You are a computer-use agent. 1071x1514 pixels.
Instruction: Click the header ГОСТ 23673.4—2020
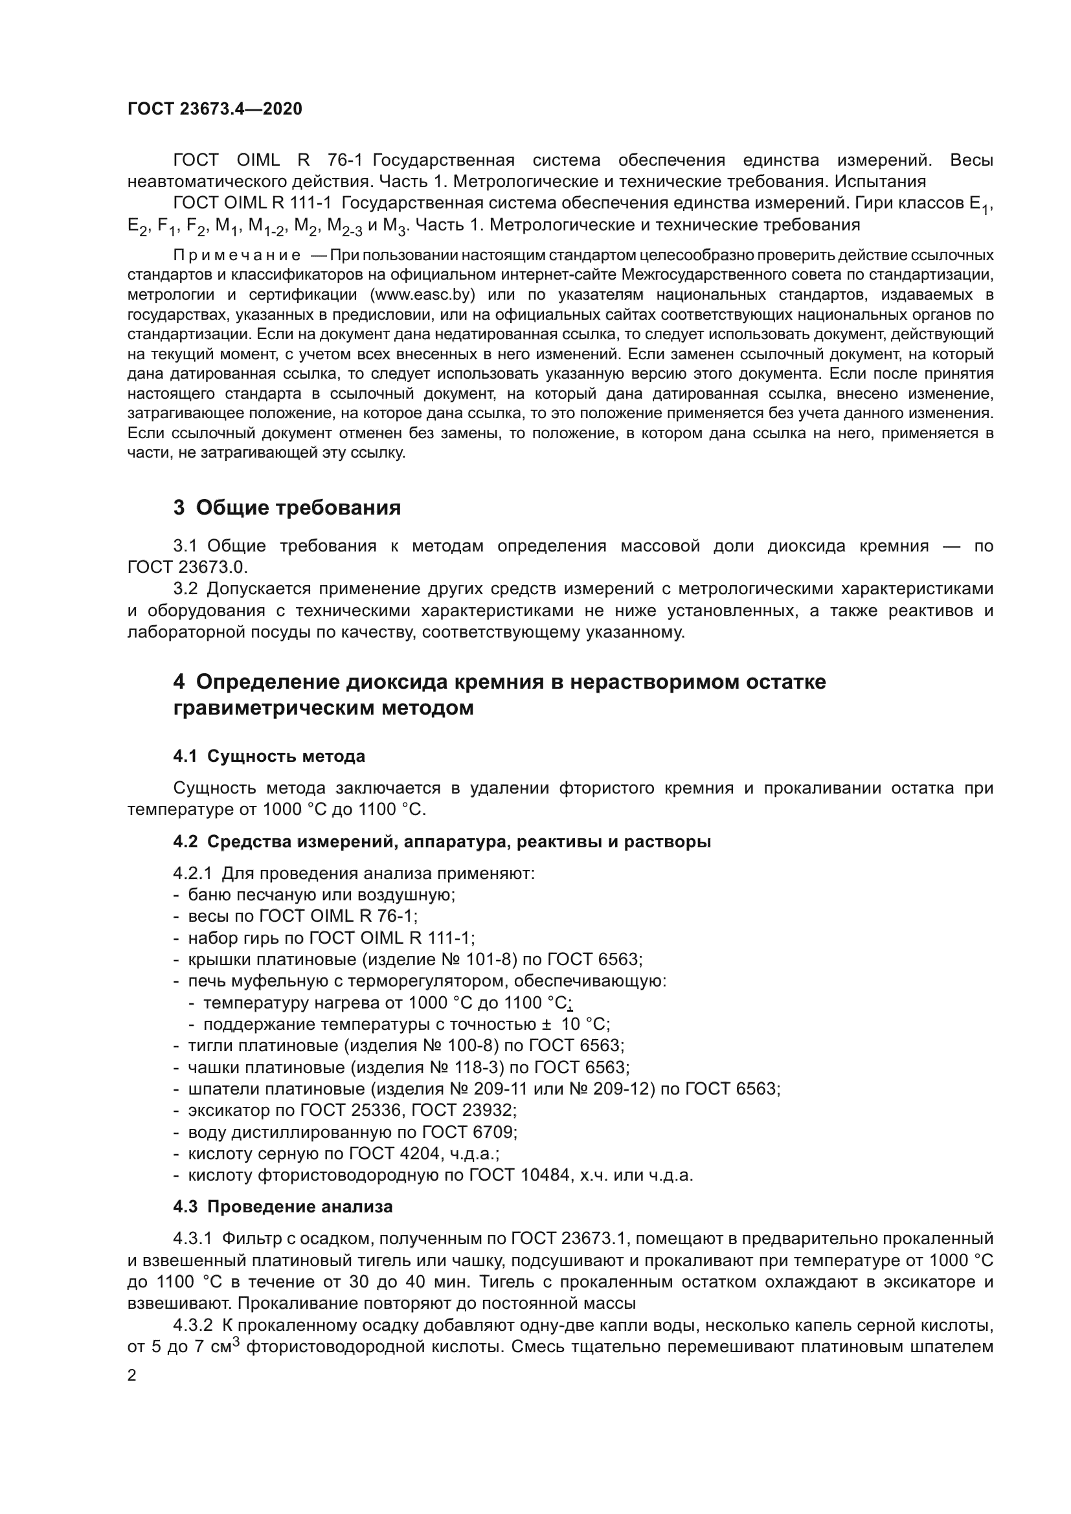click(214, 109)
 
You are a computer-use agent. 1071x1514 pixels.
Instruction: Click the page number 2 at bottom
click(132, 1375)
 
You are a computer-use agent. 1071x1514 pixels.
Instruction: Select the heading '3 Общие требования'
click(287, 507)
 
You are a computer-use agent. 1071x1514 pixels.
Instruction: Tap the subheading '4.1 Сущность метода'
click(269, 755)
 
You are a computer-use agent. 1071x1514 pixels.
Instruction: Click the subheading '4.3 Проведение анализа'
click(283, 1207)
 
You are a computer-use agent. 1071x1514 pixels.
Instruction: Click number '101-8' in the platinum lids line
click(475, 959)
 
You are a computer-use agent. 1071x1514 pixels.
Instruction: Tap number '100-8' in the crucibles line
click(476, 1046)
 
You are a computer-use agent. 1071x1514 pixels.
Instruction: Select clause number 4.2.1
click(192, 874)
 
